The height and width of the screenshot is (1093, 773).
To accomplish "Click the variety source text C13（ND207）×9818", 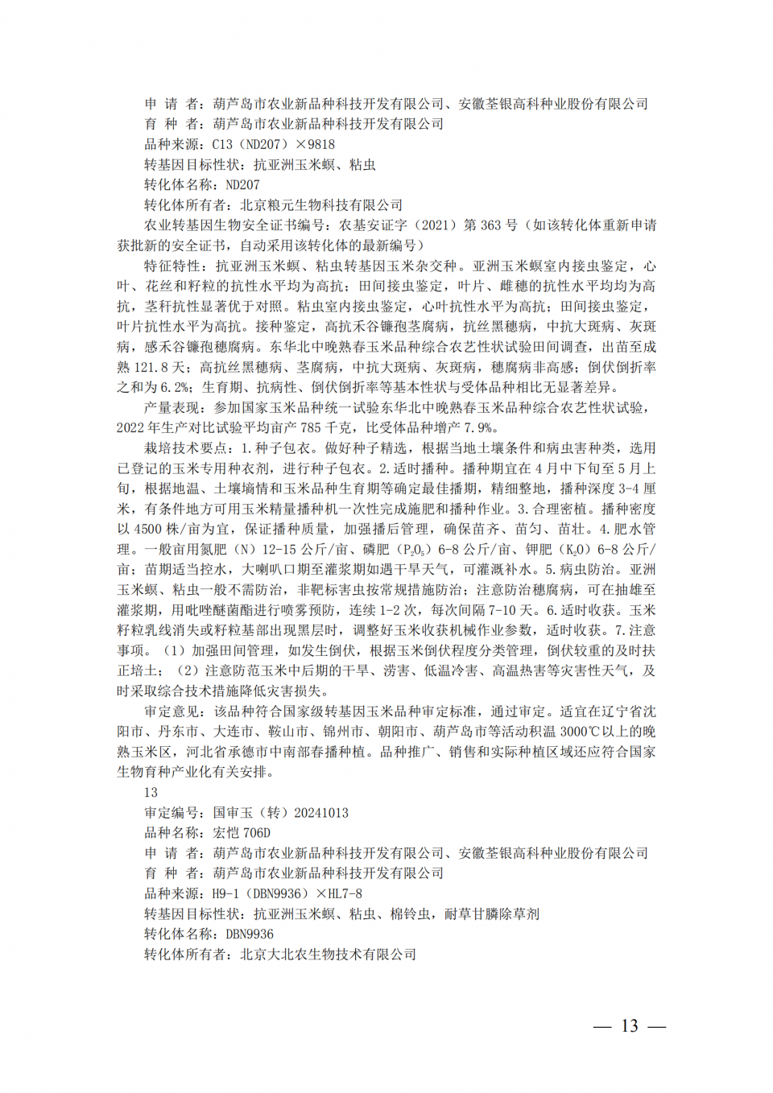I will pyautogui.click(x=273, y=145).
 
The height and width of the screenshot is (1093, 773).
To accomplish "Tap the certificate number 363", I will pyautogui.click(x=490, y=225).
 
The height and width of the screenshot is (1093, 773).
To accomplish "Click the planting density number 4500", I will pyautogui.click(x=147, y=530).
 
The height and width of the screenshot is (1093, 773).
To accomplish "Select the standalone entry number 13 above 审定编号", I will pyautogui.click(x=151, y=793).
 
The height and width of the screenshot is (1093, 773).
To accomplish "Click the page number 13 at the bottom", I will pyautogui.click(x=629, y=1026).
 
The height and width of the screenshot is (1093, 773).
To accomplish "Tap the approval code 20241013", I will pyautogui.click(x=321, y=813).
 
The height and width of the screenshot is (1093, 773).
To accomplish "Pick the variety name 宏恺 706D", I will pyautogui.click(x=242, y=833).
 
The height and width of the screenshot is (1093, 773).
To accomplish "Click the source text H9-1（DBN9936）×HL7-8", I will pyautogui.click(x=287, y=894).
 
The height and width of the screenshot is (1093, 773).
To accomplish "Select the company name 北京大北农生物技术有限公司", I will pyautogui.click(x=328, y=955).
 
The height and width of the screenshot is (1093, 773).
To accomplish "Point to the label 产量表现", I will pyautogui.click(x=172, y=408).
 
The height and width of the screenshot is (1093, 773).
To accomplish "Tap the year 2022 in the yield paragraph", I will pyautogui.click(x=131, y=428).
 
